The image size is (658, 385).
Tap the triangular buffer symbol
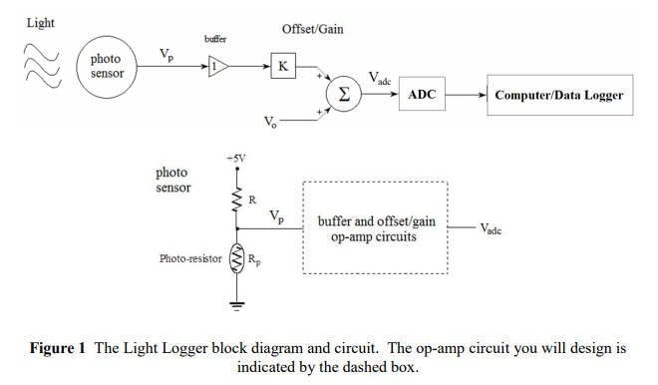(216, 67)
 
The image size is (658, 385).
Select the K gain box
(283, 67)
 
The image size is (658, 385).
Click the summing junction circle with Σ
(343, 94)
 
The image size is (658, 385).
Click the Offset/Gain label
(312, 29)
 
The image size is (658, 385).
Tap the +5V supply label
(236, 158)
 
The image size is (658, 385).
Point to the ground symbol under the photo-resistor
(237, 303)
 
